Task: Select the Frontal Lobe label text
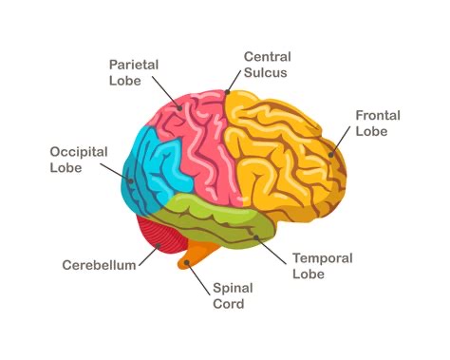(x=378, y=123)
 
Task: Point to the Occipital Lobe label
(x=78, y=159)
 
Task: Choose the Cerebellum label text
(x=99, y=264)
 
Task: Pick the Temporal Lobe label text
(x=322, y=265)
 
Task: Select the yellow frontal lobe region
(x=285, y=152)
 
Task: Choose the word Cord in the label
(x=230, y=304)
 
